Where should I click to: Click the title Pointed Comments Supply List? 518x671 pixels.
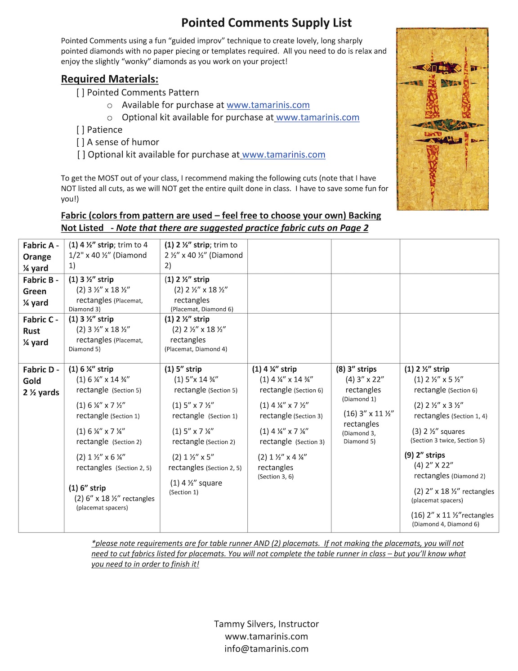266,23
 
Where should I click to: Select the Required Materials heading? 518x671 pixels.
110,79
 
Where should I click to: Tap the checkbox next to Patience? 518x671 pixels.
80,130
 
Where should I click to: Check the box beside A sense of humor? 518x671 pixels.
80,142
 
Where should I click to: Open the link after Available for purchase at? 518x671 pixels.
268,105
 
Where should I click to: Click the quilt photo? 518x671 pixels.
442,119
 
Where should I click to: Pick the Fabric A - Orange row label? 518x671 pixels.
40,257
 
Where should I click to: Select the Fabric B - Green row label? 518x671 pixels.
40,291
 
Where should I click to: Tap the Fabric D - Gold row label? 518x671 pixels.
41,381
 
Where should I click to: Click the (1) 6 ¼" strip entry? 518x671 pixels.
91,369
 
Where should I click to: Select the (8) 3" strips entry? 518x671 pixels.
356,369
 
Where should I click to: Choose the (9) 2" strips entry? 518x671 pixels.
424,455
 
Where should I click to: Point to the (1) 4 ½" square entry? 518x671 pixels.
196,483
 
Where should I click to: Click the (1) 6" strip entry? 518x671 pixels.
87,488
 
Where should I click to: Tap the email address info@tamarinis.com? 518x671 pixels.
266,648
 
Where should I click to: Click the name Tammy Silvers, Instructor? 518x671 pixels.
266,624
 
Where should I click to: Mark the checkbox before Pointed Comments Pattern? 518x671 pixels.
80,93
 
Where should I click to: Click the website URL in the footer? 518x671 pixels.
266,636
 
